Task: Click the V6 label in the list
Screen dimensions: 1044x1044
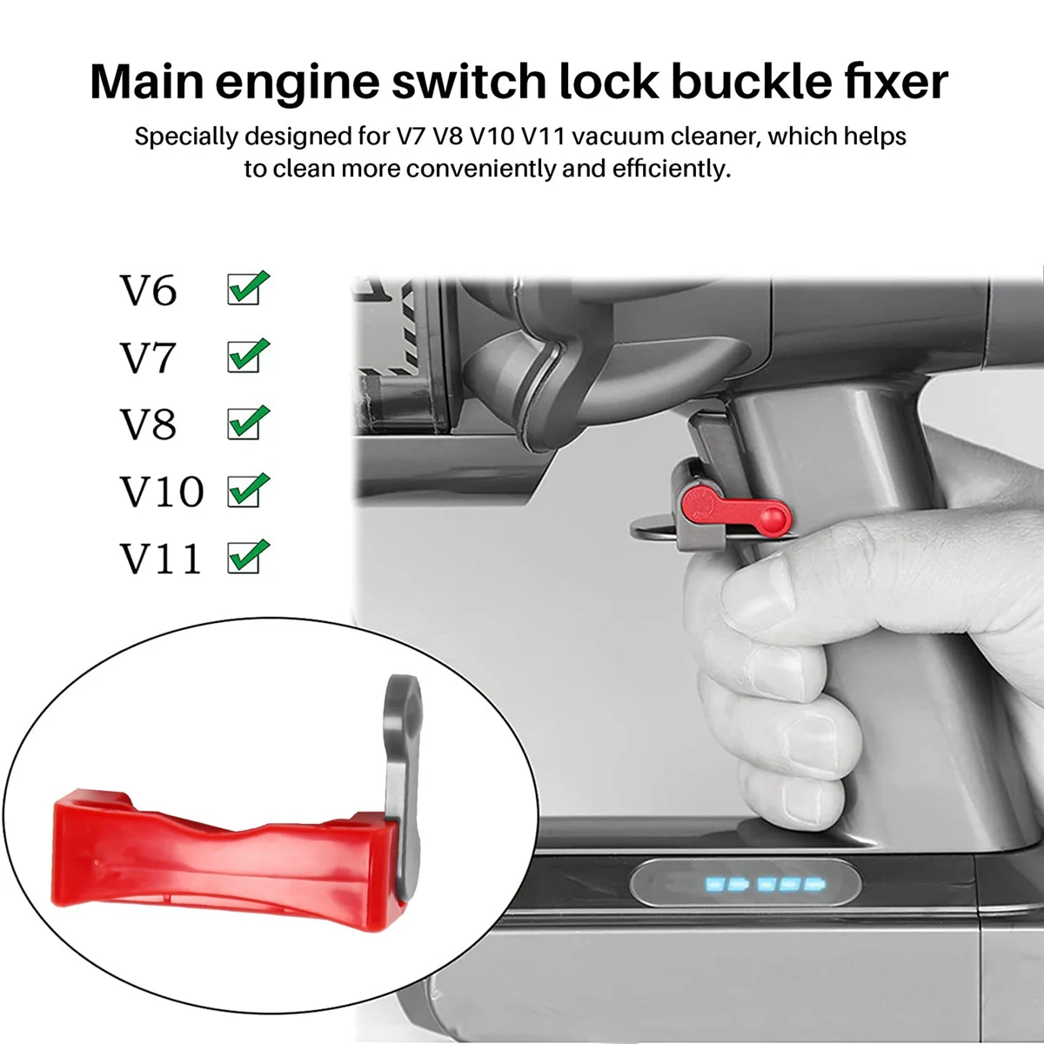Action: [148, 291]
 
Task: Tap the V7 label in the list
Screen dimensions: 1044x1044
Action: [148, 358]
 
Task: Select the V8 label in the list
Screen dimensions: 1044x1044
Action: [148, 425]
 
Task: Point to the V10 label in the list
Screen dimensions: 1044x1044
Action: [161, 492]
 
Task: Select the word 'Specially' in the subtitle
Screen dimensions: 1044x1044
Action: [187, 137]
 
